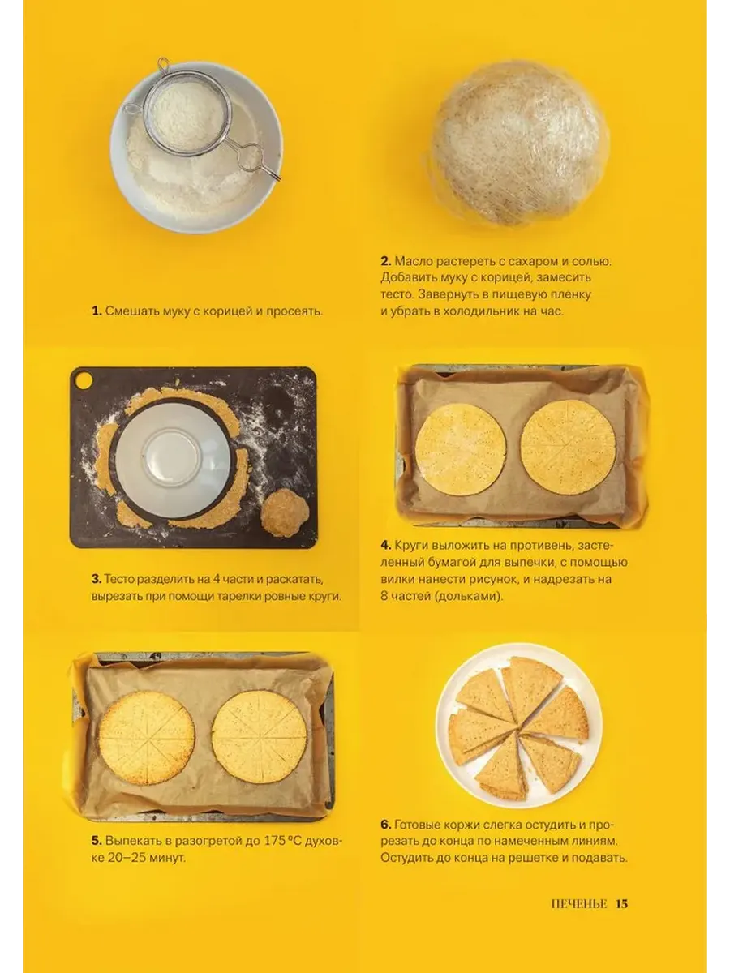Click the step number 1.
click(x=97, y=311)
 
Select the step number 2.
click(x=385, y=261)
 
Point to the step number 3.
click(x=97, y=579)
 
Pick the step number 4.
click(x=385, y=545)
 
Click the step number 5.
click(x=97, y=841)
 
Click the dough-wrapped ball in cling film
click(x=520, y=143)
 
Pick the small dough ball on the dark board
click(x=285, y=512)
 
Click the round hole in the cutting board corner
click(x=84, y=380)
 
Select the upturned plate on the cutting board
click(x=174, y=459)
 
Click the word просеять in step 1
click(x=294, y=311)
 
